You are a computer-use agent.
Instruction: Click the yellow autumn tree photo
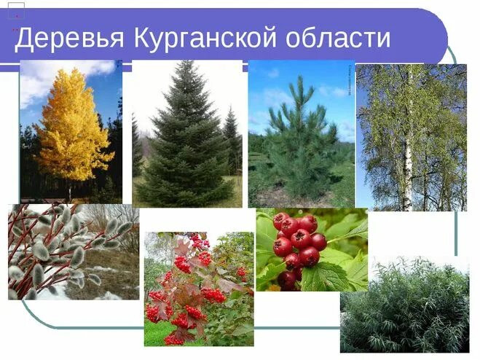(71, 131)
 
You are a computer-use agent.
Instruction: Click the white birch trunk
(407, 168)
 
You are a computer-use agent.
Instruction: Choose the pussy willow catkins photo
(73, 251)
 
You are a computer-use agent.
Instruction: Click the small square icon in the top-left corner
(16, 9)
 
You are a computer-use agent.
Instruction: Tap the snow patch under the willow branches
(109, 294)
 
